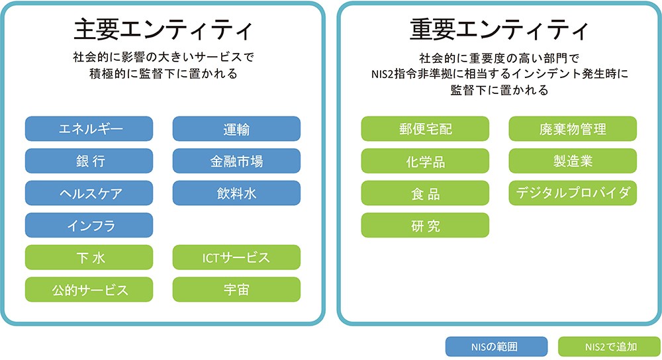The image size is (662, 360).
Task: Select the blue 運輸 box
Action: (x=236, y=129)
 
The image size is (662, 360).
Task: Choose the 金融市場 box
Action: (x=236, y=161)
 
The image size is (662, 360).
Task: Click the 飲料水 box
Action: (x=236, y=193)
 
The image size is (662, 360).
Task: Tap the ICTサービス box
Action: (x=236, y=257)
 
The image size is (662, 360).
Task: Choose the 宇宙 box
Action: (x=236, y=289)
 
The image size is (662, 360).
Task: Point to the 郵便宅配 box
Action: (x=425, y=129)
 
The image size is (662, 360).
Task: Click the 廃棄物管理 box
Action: (x=573, y=129)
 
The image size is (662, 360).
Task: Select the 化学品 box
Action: (x=425, y=161)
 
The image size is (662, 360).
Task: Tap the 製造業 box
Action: (x=573, y=161)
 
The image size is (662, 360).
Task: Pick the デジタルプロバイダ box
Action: (x=573, y=193)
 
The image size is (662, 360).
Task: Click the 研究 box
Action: (x=425, y=225)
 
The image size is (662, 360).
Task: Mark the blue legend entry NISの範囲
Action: (x=497, y=347)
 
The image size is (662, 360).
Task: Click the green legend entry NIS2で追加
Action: (x=609, y=347)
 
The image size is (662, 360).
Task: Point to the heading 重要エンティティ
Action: (x=498, y=29)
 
